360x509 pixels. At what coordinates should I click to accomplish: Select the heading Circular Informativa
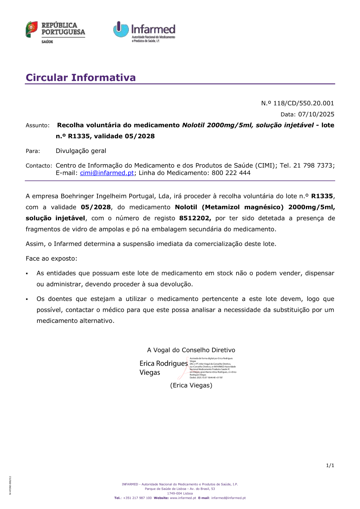81,77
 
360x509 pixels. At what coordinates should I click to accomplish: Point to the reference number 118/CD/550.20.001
303,103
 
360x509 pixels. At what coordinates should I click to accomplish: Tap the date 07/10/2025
316,114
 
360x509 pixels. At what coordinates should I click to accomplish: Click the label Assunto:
37,125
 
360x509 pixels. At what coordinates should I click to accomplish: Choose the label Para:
33,151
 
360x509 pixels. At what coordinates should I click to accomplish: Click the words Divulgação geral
81,151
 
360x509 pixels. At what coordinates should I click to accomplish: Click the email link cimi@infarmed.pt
107,173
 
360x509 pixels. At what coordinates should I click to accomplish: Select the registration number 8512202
194,218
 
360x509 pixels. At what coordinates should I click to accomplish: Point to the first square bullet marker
27,274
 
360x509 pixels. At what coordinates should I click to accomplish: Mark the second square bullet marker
27,299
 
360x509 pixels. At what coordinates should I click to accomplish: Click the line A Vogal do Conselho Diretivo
191,350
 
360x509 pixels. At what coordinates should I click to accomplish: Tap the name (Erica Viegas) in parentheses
191,385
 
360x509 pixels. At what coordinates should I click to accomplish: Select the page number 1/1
330,465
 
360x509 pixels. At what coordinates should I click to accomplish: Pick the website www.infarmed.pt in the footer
183,498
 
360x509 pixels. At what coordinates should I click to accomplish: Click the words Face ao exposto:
51,258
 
